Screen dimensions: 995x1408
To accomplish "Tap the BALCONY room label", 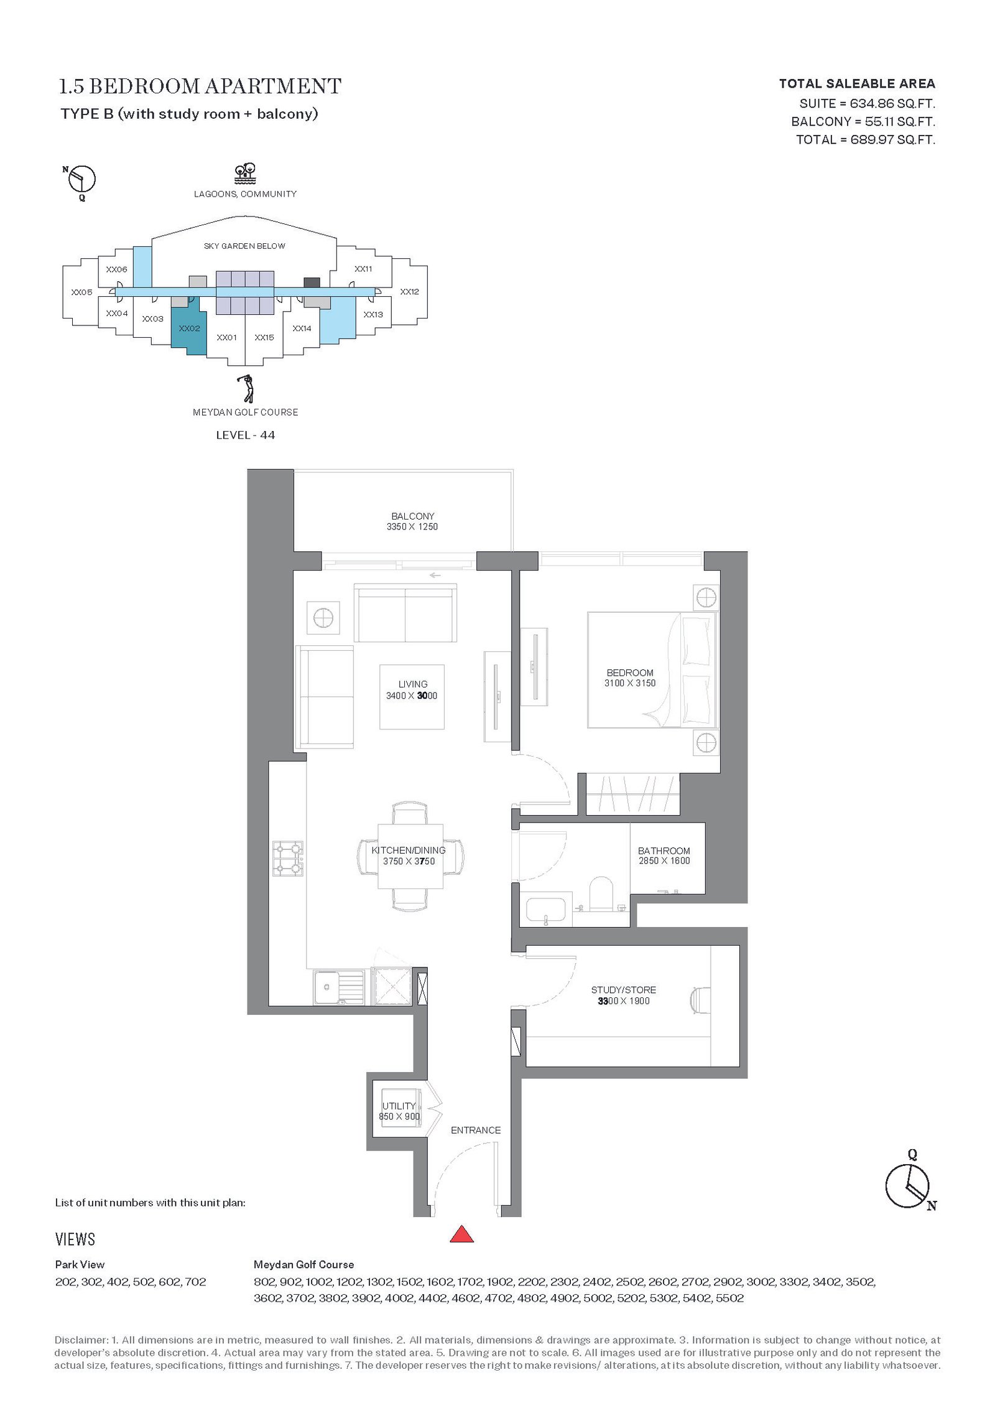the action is click(412, 516).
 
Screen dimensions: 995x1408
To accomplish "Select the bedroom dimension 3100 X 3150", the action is click(629, 683).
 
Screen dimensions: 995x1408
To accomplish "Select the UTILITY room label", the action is click(399, 1106).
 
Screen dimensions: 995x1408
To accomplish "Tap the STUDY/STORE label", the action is click(623, 990).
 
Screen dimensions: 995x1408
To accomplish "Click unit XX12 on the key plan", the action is click(409, 291).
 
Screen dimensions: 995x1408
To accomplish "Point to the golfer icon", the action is click(247, 389).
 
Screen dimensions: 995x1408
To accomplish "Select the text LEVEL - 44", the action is click(245, 435).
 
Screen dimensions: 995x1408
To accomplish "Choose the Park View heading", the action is click(80, 1264).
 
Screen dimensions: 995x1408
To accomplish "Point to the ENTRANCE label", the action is click(476, 1130).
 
